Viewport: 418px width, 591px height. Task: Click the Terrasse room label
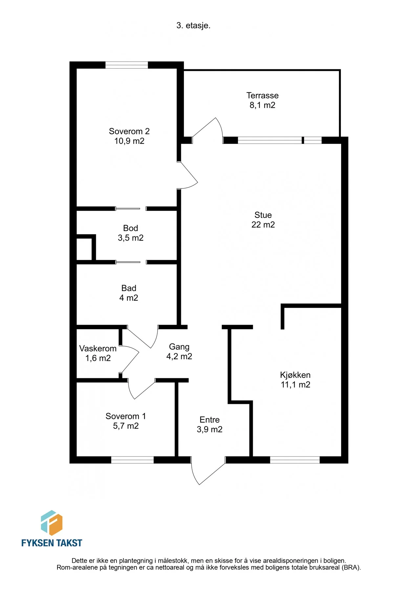pos(262,96)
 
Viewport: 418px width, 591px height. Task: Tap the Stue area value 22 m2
pos(263,225)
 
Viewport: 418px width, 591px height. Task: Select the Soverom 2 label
pos(129,131)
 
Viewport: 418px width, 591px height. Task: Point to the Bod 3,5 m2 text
pos(131,233)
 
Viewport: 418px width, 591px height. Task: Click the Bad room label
pos(129,288)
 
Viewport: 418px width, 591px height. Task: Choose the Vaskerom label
pos(98,348)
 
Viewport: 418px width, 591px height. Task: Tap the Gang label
pos(179,347)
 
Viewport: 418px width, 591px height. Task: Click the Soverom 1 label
pos(126,416)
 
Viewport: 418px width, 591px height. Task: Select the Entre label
pos(209,420)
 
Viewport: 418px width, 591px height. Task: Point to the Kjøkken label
pos(295,375)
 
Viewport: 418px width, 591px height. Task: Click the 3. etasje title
pos(193,26)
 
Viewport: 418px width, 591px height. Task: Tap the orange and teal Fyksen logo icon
pos(52,523)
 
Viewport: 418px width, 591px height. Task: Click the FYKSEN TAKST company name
pos(52,543)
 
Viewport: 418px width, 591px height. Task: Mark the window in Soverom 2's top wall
pos(126,65)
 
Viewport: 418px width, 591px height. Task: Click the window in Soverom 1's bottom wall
pos(132,460)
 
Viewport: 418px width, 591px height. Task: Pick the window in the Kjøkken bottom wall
pos(295,460)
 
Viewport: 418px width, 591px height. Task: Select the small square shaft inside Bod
pos(84,249)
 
